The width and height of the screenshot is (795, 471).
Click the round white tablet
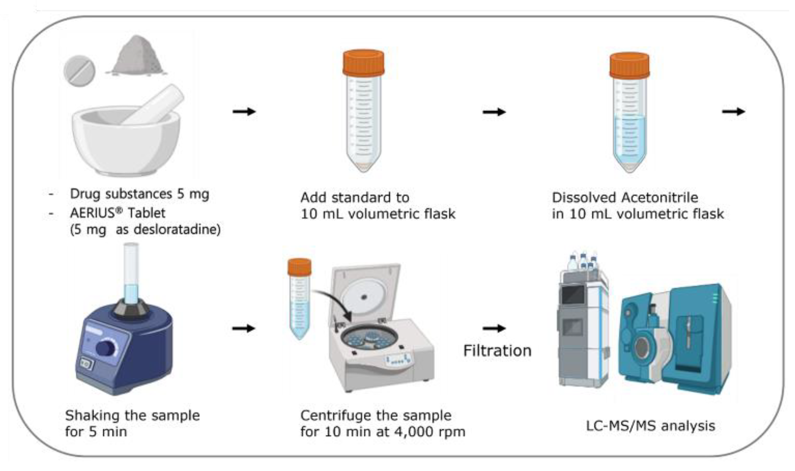coord(79,72)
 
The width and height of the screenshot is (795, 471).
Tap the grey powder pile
coord(137,56)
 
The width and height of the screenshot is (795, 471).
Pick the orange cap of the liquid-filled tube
coord(629,65)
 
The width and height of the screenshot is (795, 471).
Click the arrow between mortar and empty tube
coord(244,112)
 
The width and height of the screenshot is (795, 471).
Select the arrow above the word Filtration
coord(494,328)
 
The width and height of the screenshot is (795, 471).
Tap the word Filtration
coord(497,351)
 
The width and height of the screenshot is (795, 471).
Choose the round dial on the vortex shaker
coord(105,348)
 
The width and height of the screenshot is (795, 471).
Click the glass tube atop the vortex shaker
coord(131,273)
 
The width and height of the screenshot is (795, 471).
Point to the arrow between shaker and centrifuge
coord(244,328)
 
